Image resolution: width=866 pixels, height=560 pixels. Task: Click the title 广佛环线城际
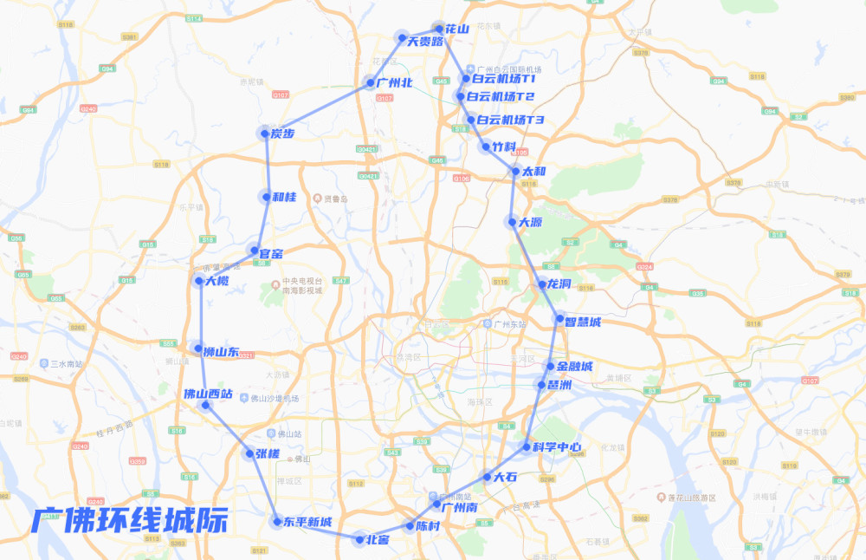[130, 519]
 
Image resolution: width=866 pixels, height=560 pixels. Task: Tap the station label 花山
[457, 29]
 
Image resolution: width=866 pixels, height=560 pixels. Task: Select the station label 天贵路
[425, 41]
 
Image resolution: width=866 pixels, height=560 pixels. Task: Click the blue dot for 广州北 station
[369, 84]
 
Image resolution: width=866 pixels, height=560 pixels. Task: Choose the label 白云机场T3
[511, 120]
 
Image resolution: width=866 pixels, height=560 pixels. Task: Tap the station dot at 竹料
[486, 147]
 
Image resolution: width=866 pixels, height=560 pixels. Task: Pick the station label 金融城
[575, 367]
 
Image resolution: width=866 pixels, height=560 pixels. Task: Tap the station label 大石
[505, 477]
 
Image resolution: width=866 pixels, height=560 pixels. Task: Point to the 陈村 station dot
[410, 526]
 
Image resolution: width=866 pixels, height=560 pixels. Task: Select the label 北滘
[377, 540]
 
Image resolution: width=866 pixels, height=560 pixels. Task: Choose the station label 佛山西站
[208, 393]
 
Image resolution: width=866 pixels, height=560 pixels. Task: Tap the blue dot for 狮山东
[198, 348]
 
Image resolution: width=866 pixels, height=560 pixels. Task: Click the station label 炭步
[282, 133]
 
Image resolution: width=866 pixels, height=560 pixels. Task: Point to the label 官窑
[271, 253]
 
